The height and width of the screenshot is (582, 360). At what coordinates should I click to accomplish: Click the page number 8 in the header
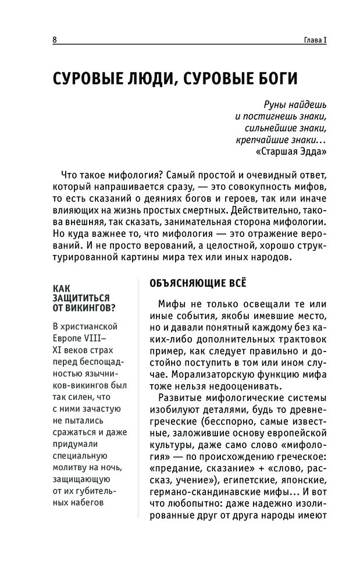(x=54, y=40)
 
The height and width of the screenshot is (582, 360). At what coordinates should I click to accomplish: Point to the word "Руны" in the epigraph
(x=261, y=106)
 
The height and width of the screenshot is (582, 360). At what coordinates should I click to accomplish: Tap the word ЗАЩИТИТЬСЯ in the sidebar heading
(x=81, y=298)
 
